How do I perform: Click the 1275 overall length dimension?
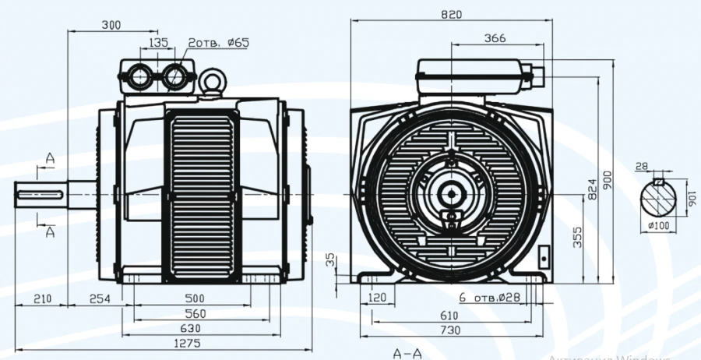[188, 344]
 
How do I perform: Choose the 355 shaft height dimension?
[578, 237]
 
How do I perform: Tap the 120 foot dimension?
[378, 298]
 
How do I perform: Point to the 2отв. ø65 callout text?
[218, 43]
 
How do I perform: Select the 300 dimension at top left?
[111, 26]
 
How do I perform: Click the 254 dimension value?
[100, 298]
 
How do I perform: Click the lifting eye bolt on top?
[211, 80]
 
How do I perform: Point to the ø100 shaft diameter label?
[659, 226]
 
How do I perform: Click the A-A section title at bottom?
[408, 353]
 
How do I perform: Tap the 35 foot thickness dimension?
[330, 257]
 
